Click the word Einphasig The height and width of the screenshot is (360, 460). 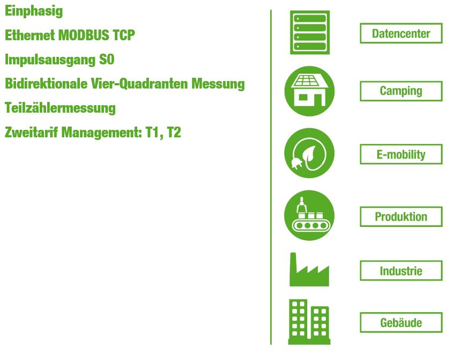pos(34,11)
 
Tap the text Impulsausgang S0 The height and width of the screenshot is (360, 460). pos(60,60)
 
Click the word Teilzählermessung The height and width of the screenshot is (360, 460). pos(60,108)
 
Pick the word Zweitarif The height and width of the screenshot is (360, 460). pos(32,132)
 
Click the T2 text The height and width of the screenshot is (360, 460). pos(174,133)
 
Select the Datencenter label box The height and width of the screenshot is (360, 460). pos(401,33)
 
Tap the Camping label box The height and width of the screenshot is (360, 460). pos(401,91)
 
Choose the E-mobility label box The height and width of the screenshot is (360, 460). pos(401,154)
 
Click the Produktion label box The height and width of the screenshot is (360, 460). pos(401,217)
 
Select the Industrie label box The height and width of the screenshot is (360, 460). pos(401,270)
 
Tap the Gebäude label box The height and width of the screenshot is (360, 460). pos(401,322)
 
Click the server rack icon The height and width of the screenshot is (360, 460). pos(310,32)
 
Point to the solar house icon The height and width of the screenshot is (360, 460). pos(309,91)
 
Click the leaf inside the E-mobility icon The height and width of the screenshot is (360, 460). pos(310,154)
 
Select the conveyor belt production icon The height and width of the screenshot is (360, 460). pos(309,215)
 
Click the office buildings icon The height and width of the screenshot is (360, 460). pos(309,322)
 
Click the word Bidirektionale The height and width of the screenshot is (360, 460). pos(46,84)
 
